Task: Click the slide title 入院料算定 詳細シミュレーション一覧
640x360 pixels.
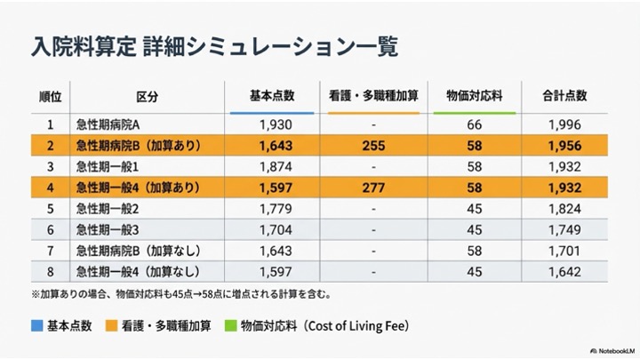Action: [x=213, y=44]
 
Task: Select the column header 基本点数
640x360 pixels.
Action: [x=272, y=95]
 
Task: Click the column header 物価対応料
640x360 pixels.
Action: [x=475, y=95]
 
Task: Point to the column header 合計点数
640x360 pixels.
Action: [x=564, y=95]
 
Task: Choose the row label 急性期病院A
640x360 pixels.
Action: [x=115, y=125]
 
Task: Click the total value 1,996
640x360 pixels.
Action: [x=564, y=125]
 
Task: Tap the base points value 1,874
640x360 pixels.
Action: [x=272, y=166]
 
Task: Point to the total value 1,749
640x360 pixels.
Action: [x=564, y=229]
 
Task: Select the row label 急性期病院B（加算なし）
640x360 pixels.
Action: [x=138, y=250]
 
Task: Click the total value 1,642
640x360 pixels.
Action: [x=564, y=271]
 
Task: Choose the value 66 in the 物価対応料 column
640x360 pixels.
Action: [x=475, y=125]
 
